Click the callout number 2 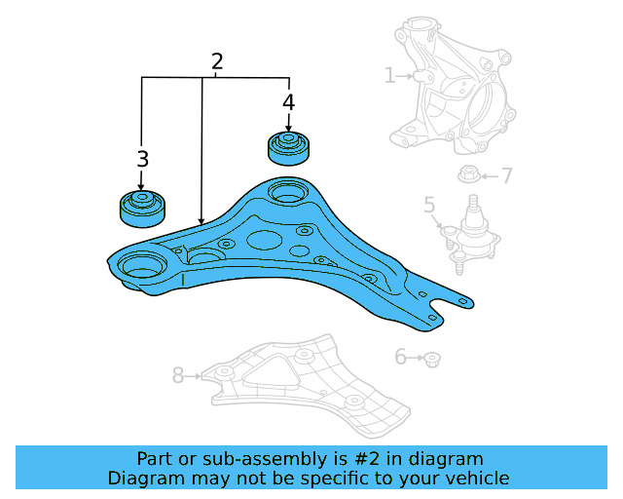click(217, 61)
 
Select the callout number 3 click(142, 159)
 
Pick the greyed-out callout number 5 click(429, 205)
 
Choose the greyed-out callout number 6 click(400, 358)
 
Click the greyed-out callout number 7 click(506, 176)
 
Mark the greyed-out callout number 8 click(178, 374)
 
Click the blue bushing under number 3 click(142, 207)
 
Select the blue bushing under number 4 click(288, 147)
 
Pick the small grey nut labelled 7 click(466, 176)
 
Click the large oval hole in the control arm click(266, 239)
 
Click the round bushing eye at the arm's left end click(142, 265)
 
